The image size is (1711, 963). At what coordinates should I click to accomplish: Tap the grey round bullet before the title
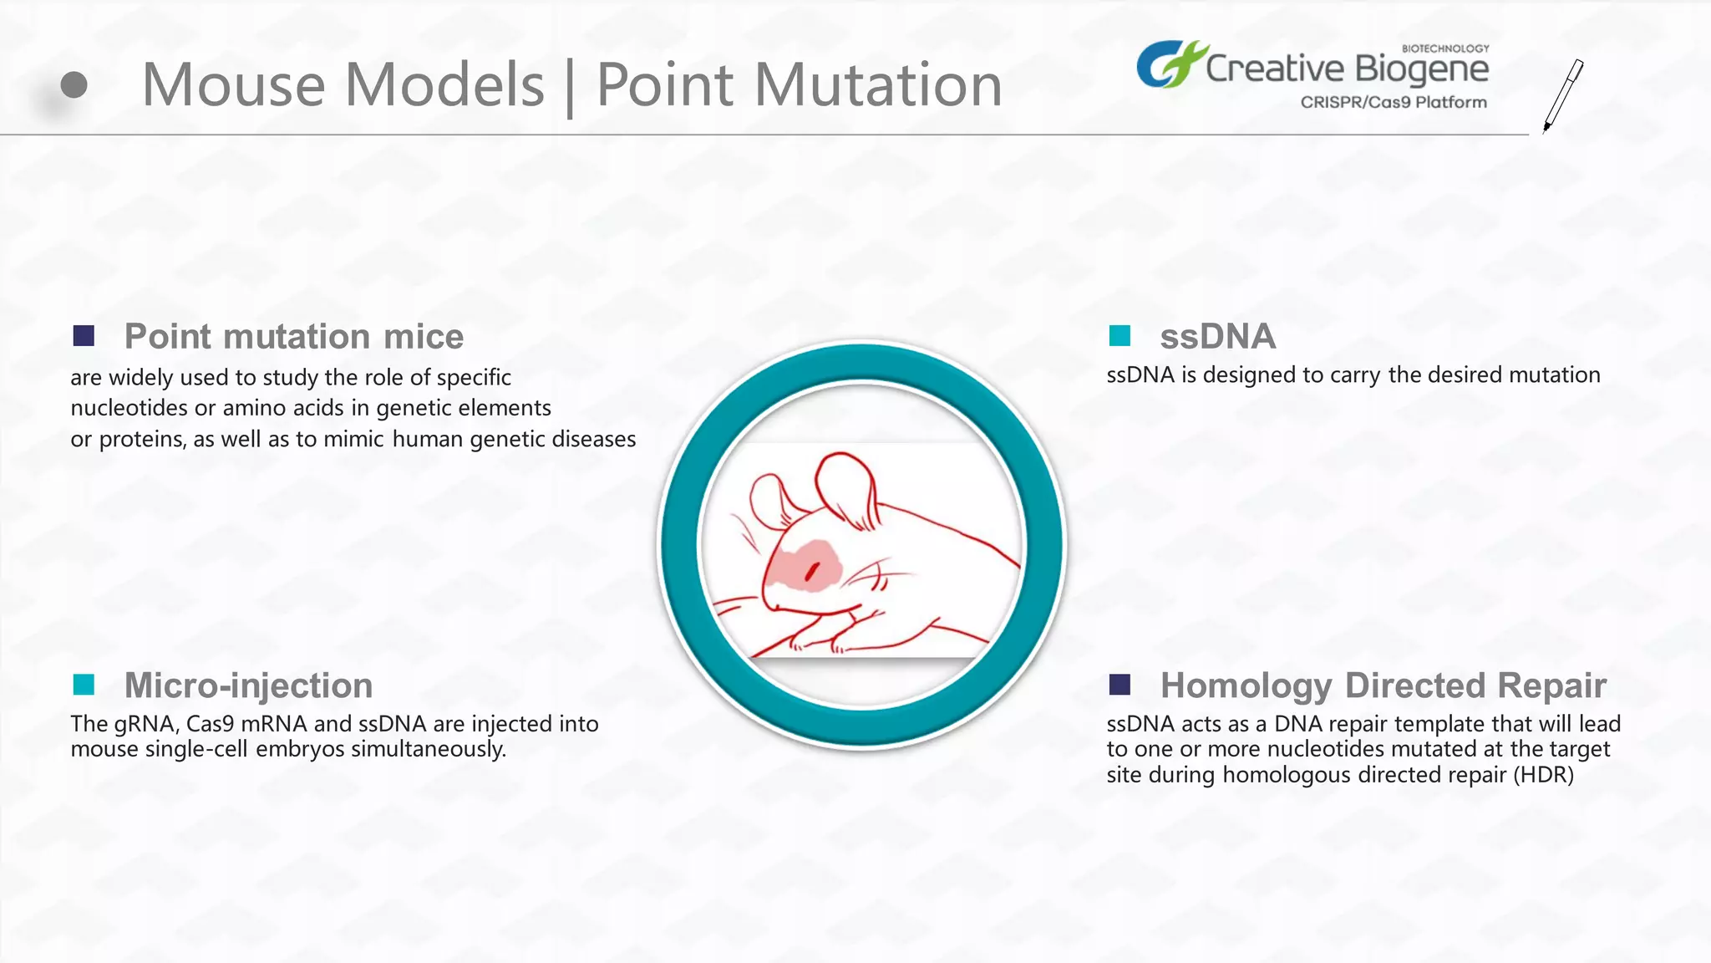click(74, 85)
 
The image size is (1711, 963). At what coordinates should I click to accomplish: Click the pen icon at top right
click(1563, 94)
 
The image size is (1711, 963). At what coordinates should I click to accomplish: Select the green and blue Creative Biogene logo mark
click(1169, 64)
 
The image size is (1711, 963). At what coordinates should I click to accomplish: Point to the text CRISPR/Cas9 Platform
click(1393, 102)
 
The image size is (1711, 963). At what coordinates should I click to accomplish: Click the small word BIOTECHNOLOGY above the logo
click(1444, 48)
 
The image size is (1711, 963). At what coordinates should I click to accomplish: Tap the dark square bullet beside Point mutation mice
click(84, 336)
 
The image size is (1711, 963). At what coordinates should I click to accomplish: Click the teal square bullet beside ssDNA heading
click(1120, 336)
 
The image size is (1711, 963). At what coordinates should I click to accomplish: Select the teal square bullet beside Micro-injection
click(84, 685)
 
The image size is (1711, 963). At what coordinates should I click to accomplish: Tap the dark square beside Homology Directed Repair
click(1120, 685)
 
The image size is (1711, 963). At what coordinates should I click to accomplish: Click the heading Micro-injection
click(248, 685)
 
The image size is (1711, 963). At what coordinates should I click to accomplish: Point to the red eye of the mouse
click(811, 573)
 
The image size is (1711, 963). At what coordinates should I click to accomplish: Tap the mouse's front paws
click(819, 642)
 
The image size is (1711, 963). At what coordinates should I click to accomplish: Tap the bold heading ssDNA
click(1217, 337)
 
